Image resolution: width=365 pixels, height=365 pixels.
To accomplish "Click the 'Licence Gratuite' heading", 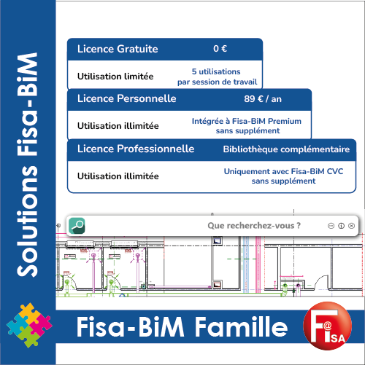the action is click(x=118, y=49).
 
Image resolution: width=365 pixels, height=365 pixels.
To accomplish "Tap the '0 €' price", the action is click(x=220, y=49).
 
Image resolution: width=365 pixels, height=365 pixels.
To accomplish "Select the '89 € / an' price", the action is click(x=263, y=99).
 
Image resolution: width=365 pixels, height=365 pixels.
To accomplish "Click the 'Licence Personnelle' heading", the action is click(x=127, y=98).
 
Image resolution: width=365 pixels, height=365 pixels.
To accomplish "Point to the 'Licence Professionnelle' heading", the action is click(x=136, y=149).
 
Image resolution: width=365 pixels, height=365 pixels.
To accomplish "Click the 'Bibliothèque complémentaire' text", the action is click(x=286, y=149).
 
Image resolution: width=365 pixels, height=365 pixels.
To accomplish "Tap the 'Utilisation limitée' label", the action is click(x=115, y=76).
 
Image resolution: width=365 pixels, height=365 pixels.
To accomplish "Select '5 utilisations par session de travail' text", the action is click(x=217, y=76).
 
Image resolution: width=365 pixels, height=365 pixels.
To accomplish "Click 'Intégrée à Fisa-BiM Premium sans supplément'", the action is click(x=247, y=126).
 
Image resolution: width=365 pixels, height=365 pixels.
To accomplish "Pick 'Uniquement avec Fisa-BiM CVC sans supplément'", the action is click(x=283, y=176).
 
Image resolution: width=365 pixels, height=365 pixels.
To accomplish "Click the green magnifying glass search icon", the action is click(x=77, y=226).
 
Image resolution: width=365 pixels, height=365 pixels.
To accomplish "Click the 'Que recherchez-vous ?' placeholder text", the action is click(x=254, y=226).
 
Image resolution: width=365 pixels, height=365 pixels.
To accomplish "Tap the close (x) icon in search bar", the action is click(x=351, y=226).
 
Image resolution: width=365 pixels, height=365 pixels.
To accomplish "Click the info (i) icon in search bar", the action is click(x=341, y=226).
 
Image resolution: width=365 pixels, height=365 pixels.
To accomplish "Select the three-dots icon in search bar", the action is click(x=331, y=226).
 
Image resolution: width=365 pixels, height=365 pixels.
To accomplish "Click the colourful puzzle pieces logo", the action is click(x=29, y=325).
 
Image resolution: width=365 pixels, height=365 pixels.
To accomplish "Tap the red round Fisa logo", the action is click(x=328, y=326).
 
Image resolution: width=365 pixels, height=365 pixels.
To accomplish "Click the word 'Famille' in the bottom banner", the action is click(x=241, y=327).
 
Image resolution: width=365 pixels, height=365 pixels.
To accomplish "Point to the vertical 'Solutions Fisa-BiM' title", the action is click(x=28, y=165).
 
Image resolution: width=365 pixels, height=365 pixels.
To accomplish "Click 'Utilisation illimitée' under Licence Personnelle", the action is click(x=118, y=126).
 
